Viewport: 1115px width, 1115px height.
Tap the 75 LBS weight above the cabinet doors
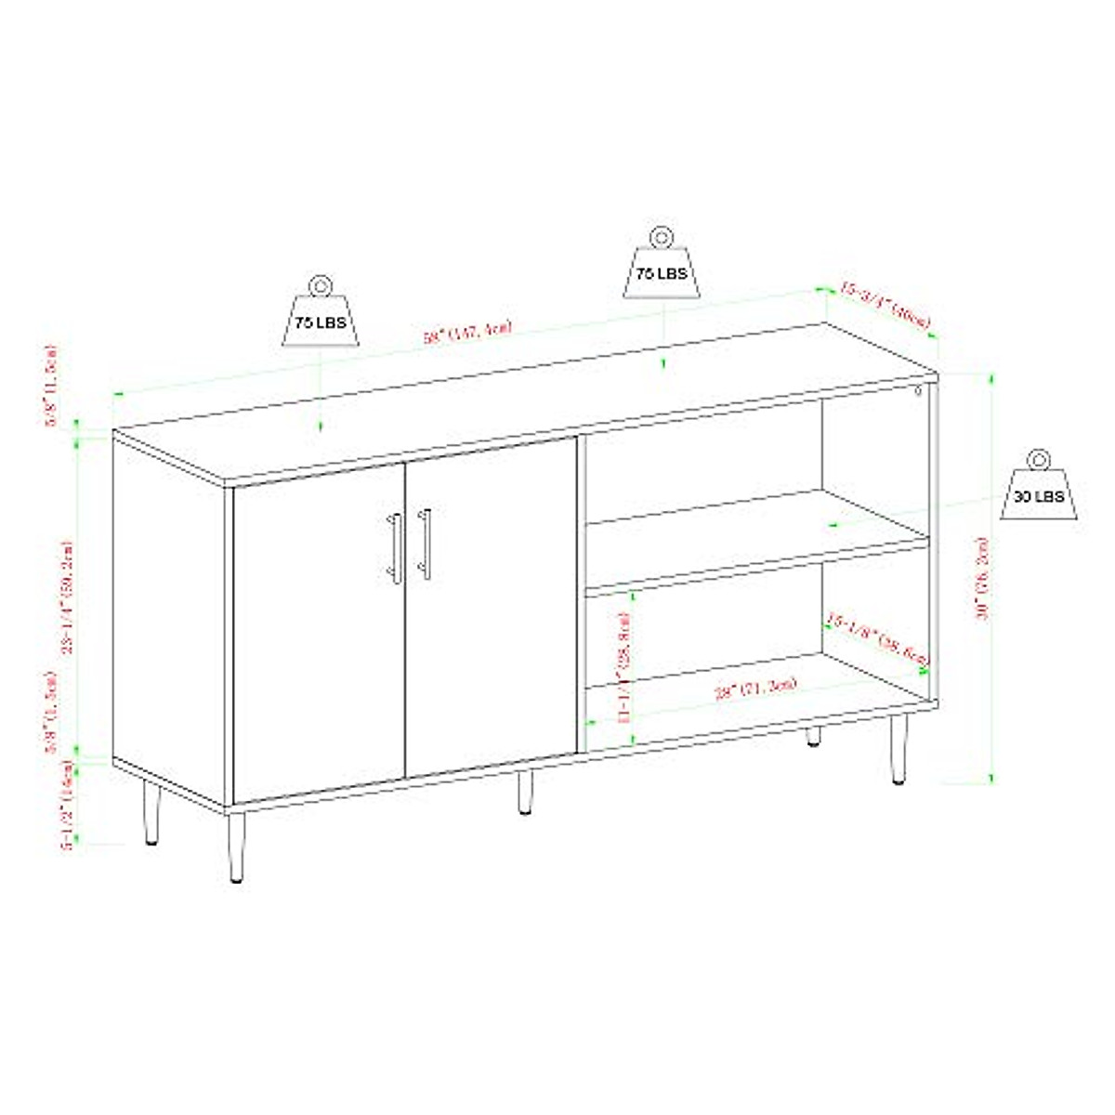[321, 315]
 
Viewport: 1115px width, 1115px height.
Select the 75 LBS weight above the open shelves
[662, 268]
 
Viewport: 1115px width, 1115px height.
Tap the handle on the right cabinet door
[426, 544]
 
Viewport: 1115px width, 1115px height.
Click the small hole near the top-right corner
[917, 390]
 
